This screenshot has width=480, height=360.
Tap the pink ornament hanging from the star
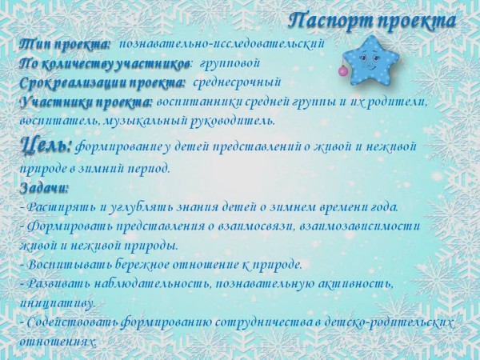[x=343, y=71]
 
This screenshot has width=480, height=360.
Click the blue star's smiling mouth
[x=370, y=66]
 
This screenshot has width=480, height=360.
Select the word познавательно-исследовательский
[x=222, y=44]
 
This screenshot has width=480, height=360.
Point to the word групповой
[x=230, y=64]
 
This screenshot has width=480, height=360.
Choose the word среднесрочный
[x=237, y=82]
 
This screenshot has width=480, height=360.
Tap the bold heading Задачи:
[x=44, y=188]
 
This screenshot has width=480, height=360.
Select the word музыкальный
[x=146, y=122]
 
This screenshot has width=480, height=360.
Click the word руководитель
[x=233, y=122]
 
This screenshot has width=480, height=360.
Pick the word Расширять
[x=62, y=207]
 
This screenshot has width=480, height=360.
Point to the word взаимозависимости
[x=359, y=226]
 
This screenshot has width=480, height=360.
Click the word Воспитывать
[x=70, y=265]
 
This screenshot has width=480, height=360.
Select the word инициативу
[x=58, y=303]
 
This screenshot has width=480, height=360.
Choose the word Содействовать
[x=73, y=322]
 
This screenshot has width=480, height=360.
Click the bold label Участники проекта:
[x=86, y=102]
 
